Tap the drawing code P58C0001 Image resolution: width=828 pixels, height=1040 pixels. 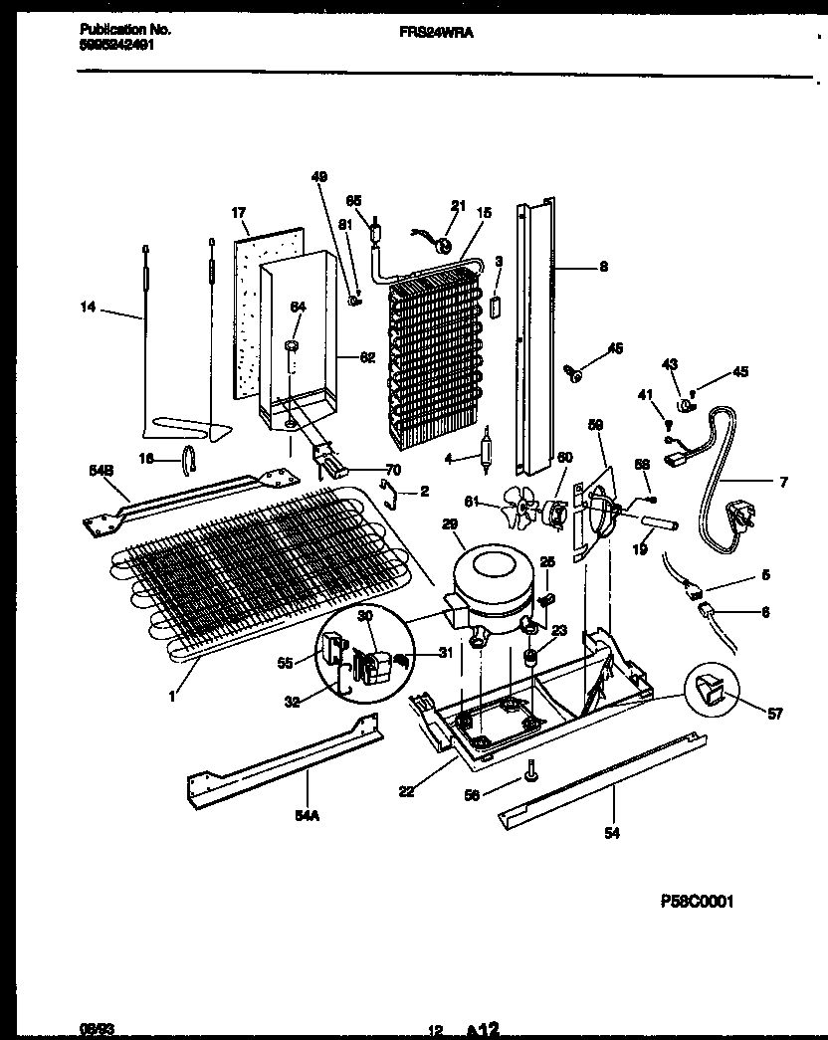point(697,902)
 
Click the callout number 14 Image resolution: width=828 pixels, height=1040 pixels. point(87,310)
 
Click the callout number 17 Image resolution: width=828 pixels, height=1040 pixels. point(238,213)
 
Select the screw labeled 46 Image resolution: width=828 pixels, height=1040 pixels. point(574,373)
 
